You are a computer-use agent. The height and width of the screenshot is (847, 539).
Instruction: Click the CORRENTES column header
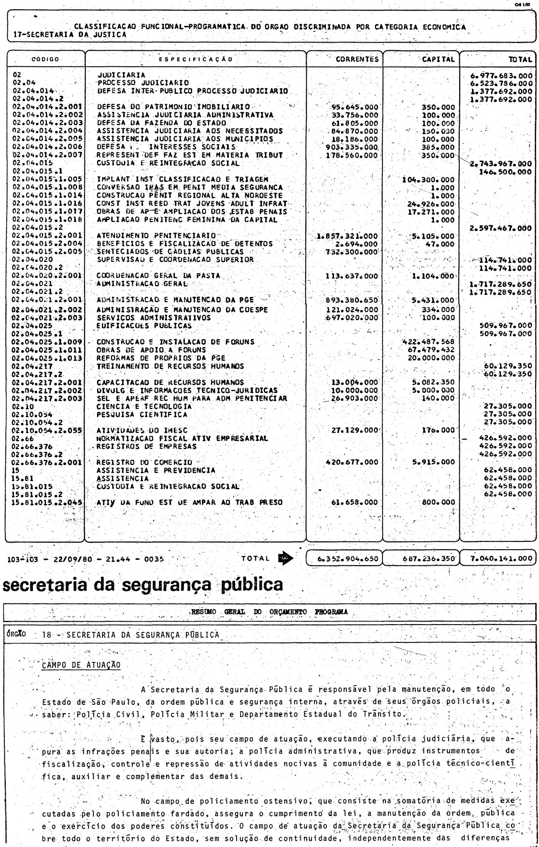[x=357, y=59]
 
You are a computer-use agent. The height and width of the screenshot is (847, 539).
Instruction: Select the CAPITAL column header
[x=438, y=59]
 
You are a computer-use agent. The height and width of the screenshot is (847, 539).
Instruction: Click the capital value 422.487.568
[x=429, y=342]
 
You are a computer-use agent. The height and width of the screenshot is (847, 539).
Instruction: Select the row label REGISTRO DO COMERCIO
[x=144, y=462]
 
